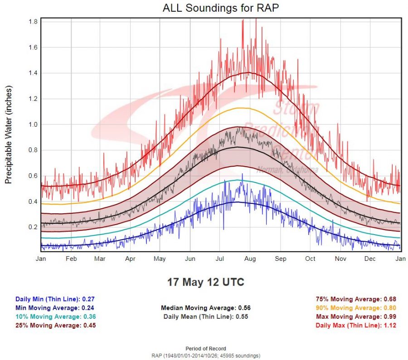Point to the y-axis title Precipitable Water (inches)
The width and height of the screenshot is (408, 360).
(8, 135)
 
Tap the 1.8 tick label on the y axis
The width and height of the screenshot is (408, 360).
(33, 21)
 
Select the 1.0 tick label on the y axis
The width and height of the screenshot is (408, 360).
(33, 125)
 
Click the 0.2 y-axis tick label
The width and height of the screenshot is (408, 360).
(33, 227)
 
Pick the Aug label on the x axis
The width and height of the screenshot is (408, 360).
(250, 259)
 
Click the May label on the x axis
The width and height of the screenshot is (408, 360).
(160, 259)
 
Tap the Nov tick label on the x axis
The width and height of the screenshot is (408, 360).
(340, 259)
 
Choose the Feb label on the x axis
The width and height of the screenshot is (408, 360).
(71, 259)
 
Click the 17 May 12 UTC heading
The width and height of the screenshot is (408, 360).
(206, 283)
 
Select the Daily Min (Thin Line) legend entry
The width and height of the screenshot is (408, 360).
(55, 299)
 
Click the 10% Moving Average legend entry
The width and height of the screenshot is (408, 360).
(55, 317)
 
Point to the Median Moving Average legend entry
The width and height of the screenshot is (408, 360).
(206, 308)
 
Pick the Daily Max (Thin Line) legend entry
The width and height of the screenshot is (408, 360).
(355, 325)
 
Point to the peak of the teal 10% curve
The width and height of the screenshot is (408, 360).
(236, 180)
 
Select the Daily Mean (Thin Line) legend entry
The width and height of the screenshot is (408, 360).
(206, 317)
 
